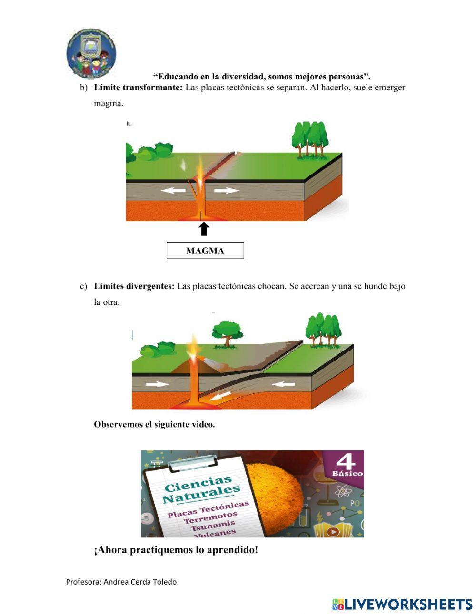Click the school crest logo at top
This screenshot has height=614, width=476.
pos(90,53)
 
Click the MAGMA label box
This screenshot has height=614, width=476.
pos(205,251)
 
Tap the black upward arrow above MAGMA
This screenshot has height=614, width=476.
pos(204,229)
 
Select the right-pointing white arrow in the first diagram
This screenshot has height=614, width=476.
pos(226,191)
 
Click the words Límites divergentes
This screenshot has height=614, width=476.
pos(134,286)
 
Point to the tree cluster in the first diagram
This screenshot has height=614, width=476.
pos(310,138)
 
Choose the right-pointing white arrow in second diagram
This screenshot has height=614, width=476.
pos(157,384)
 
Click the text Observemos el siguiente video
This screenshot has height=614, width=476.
pos(154,425)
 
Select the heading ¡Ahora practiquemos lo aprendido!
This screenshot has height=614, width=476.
pos(176,550)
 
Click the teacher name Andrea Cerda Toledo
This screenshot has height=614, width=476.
pos(141,581)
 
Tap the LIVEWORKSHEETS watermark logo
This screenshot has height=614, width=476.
pos(402,604)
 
